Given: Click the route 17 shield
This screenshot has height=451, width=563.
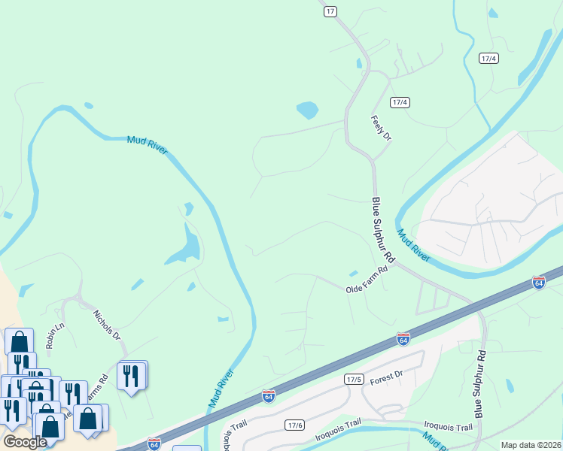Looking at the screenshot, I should tap(330, 11).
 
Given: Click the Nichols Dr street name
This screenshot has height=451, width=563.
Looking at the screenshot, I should tap(107, 325).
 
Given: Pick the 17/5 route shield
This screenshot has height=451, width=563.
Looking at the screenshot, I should tap(354, 379).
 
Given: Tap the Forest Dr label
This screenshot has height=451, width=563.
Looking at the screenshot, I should tap(387, 377).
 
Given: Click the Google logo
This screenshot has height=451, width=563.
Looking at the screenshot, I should tap(25, 442).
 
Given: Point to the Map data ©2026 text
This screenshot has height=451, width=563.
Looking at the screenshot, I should tap(531, 445).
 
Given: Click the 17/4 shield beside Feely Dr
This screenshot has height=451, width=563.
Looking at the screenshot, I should tap(400, 102).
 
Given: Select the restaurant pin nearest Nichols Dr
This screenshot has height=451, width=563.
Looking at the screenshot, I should tap(132, 375).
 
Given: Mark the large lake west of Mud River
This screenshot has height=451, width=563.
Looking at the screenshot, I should tap(184, 248).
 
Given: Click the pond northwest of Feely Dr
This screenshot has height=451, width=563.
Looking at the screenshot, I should tap(307, 110).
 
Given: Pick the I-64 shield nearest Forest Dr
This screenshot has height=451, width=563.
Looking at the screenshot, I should tap(403, 339).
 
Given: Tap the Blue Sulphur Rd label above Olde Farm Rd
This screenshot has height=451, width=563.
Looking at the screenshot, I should tap(382, 229).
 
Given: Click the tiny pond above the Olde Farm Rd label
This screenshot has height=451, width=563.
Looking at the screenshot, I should tap(353, 273).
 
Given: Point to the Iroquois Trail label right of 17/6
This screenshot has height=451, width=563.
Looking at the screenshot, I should tap(448, 427).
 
